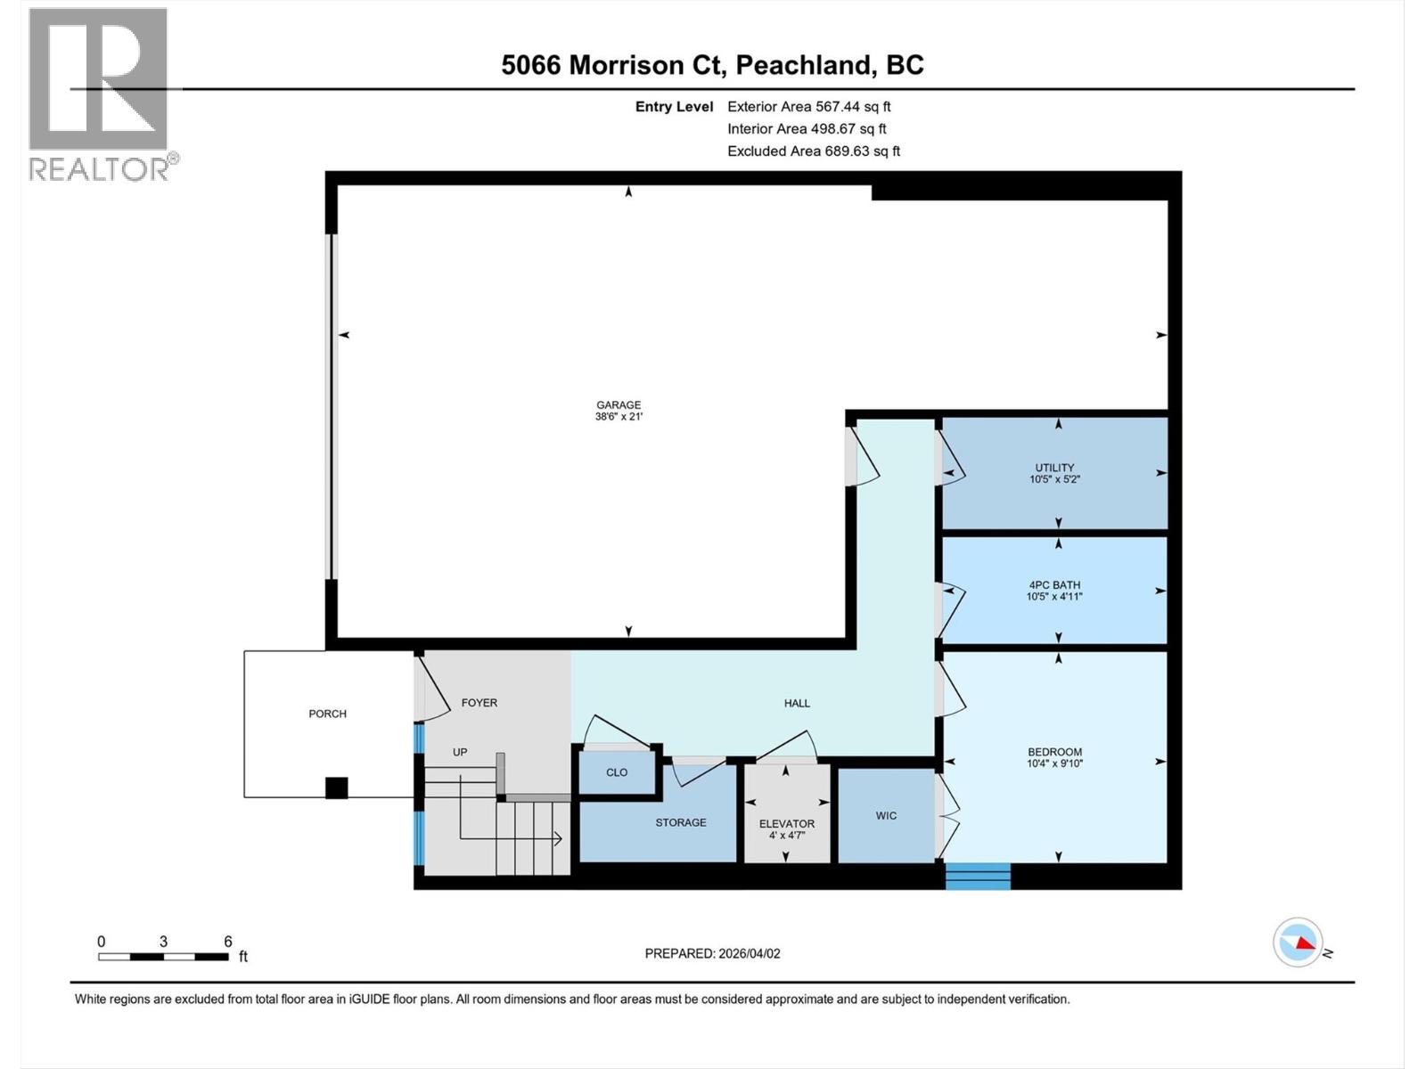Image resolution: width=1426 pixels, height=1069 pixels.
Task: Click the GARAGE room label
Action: click(619, 405)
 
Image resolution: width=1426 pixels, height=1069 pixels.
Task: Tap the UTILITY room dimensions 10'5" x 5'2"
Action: click(1054, 479)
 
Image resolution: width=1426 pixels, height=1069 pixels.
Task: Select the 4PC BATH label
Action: click(1054, 585)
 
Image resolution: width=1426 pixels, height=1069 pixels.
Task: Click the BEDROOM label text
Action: click(1054, 752)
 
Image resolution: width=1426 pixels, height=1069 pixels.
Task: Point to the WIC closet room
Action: click(886, 816)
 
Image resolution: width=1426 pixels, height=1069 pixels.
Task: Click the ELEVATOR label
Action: click(787, 824)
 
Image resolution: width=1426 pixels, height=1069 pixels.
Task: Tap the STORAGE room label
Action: click(681, 822)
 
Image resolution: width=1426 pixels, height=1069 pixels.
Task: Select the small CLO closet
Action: click(617, 772)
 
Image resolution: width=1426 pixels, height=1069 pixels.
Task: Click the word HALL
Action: click(797, 703)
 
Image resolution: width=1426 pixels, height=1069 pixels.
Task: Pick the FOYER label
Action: click(479, 703)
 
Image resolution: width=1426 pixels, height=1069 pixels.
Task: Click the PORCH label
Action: click(327, 714)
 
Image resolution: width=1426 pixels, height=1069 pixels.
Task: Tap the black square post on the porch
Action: click(336, 787)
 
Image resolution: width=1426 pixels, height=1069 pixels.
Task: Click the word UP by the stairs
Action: click(460, 752)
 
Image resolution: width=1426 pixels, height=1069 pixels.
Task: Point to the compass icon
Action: click(1298, 942)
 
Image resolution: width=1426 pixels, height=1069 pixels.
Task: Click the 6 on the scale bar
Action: click(228, 942)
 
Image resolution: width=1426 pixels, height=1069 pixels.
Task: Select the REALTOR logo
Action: click(100, 94)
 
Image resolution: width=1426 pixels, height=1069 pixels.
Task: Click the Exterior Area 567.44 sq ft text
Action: click(808, 106)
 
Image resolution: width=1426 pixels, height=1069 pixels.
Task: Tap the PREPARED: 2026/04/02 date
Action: click(712, 953)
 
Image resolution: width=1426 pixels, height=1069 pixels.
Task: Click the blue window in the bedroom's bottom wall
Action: click(978, 876)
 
